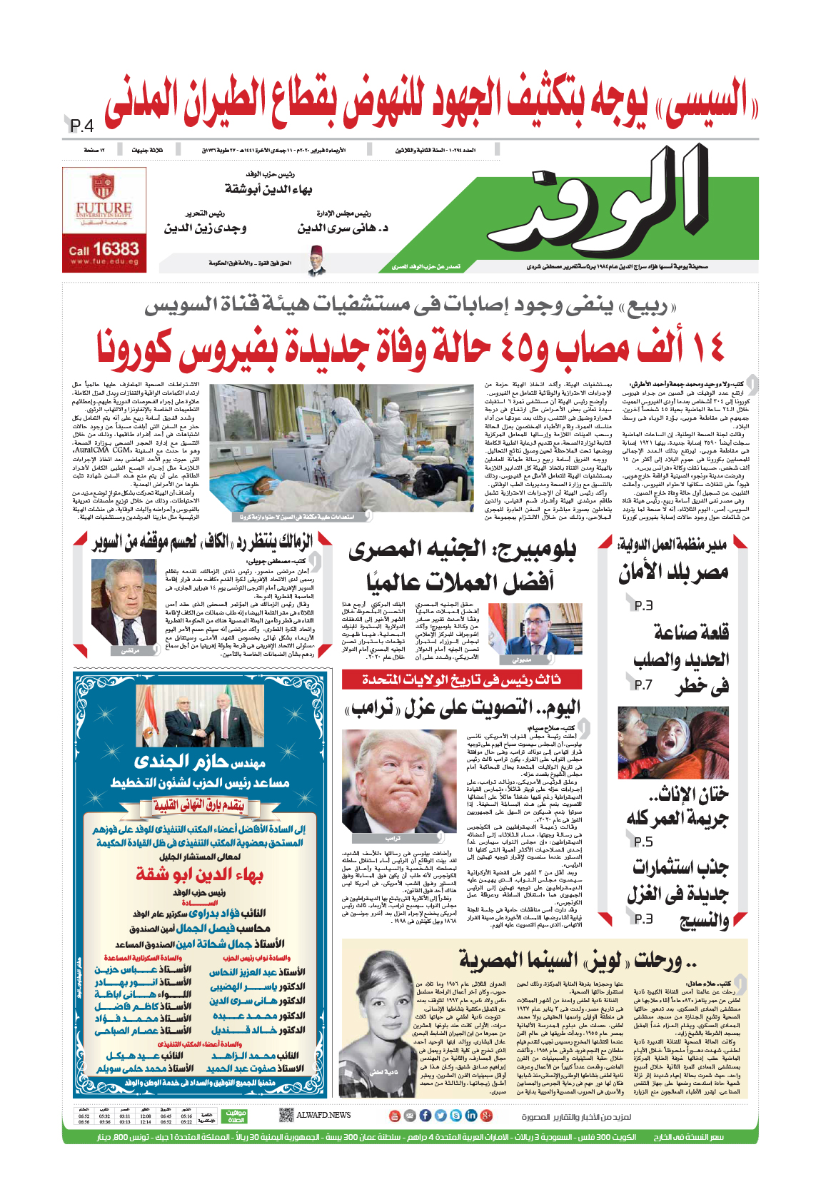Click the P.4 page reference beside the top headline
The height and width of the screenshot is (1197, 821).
(82, 126)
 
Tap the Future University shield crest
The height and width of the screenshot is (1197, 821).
(104, 186)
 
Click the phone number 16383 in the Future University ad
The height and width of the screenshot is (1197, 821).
(115, 249)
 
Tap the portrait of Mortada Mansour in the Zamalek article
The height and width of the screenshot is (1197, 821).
(131, 605)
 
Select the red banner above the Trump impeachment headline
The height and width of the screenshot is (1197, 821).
(462, 679)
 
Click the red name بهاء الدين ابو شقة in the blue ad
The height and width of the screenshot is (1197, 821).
(200, 874)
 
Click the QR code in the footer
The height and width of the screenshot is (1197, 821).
(286, 1114)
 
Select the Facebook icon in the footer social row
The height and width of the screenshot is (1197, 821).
(425, 1115)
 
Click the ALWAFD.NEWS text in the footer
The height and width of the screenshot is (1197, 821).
(323, 1115)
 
